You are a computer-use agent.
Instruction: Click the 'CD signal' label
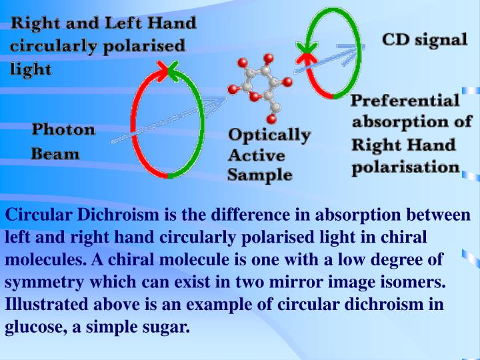pyautogui.click(x=425, y=39)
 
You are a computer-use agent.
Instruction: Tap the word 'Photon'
pyautogui.click(x=64, y=129)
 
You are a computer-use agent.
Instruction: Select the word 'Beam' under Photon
pyautogui.click(x=55, y=154)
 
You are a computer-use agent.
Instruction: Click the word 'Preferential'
pyautogui.click(x=405, y=101)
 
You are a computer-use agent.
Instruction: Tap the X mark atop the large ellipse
pyautogui.click(x=167, y=67)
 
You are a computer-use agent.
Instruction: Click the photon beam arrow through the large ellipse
pyautogui.click(x=167, y=121)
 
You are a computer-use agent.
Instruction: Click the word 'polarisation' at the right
pyautogui.click(x=405, y=167)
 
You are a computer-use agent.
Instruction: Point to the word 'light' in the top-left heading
pyautogui.click(x=31, y=69)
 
